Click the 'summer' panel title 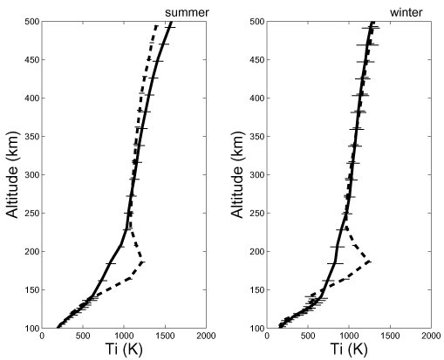pos(187,12)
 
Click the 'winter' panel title pos(406,12)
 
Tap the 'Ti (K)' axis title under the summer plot pos(124,349)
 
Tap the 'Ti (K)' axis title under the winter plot pos(349,349)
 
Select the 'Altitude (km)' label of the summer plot pos(12,174)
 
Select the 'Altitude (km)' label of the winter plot pos(237,174)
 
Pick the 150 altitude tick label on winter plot pos(256,289)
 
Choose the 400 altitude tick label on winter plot pos(256,98)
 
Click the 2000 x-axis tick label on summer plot pos(206,336)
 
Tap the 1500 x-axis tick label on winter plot pos(390,336)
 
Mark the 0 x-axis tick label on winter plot pos(267,336)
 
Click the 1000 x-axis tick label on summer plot pos(124,336)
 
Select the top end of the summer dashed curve pos(156,26)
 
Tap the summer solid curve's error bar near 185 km pos(111,263)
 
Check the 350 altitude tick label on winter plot pos(256,136)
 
